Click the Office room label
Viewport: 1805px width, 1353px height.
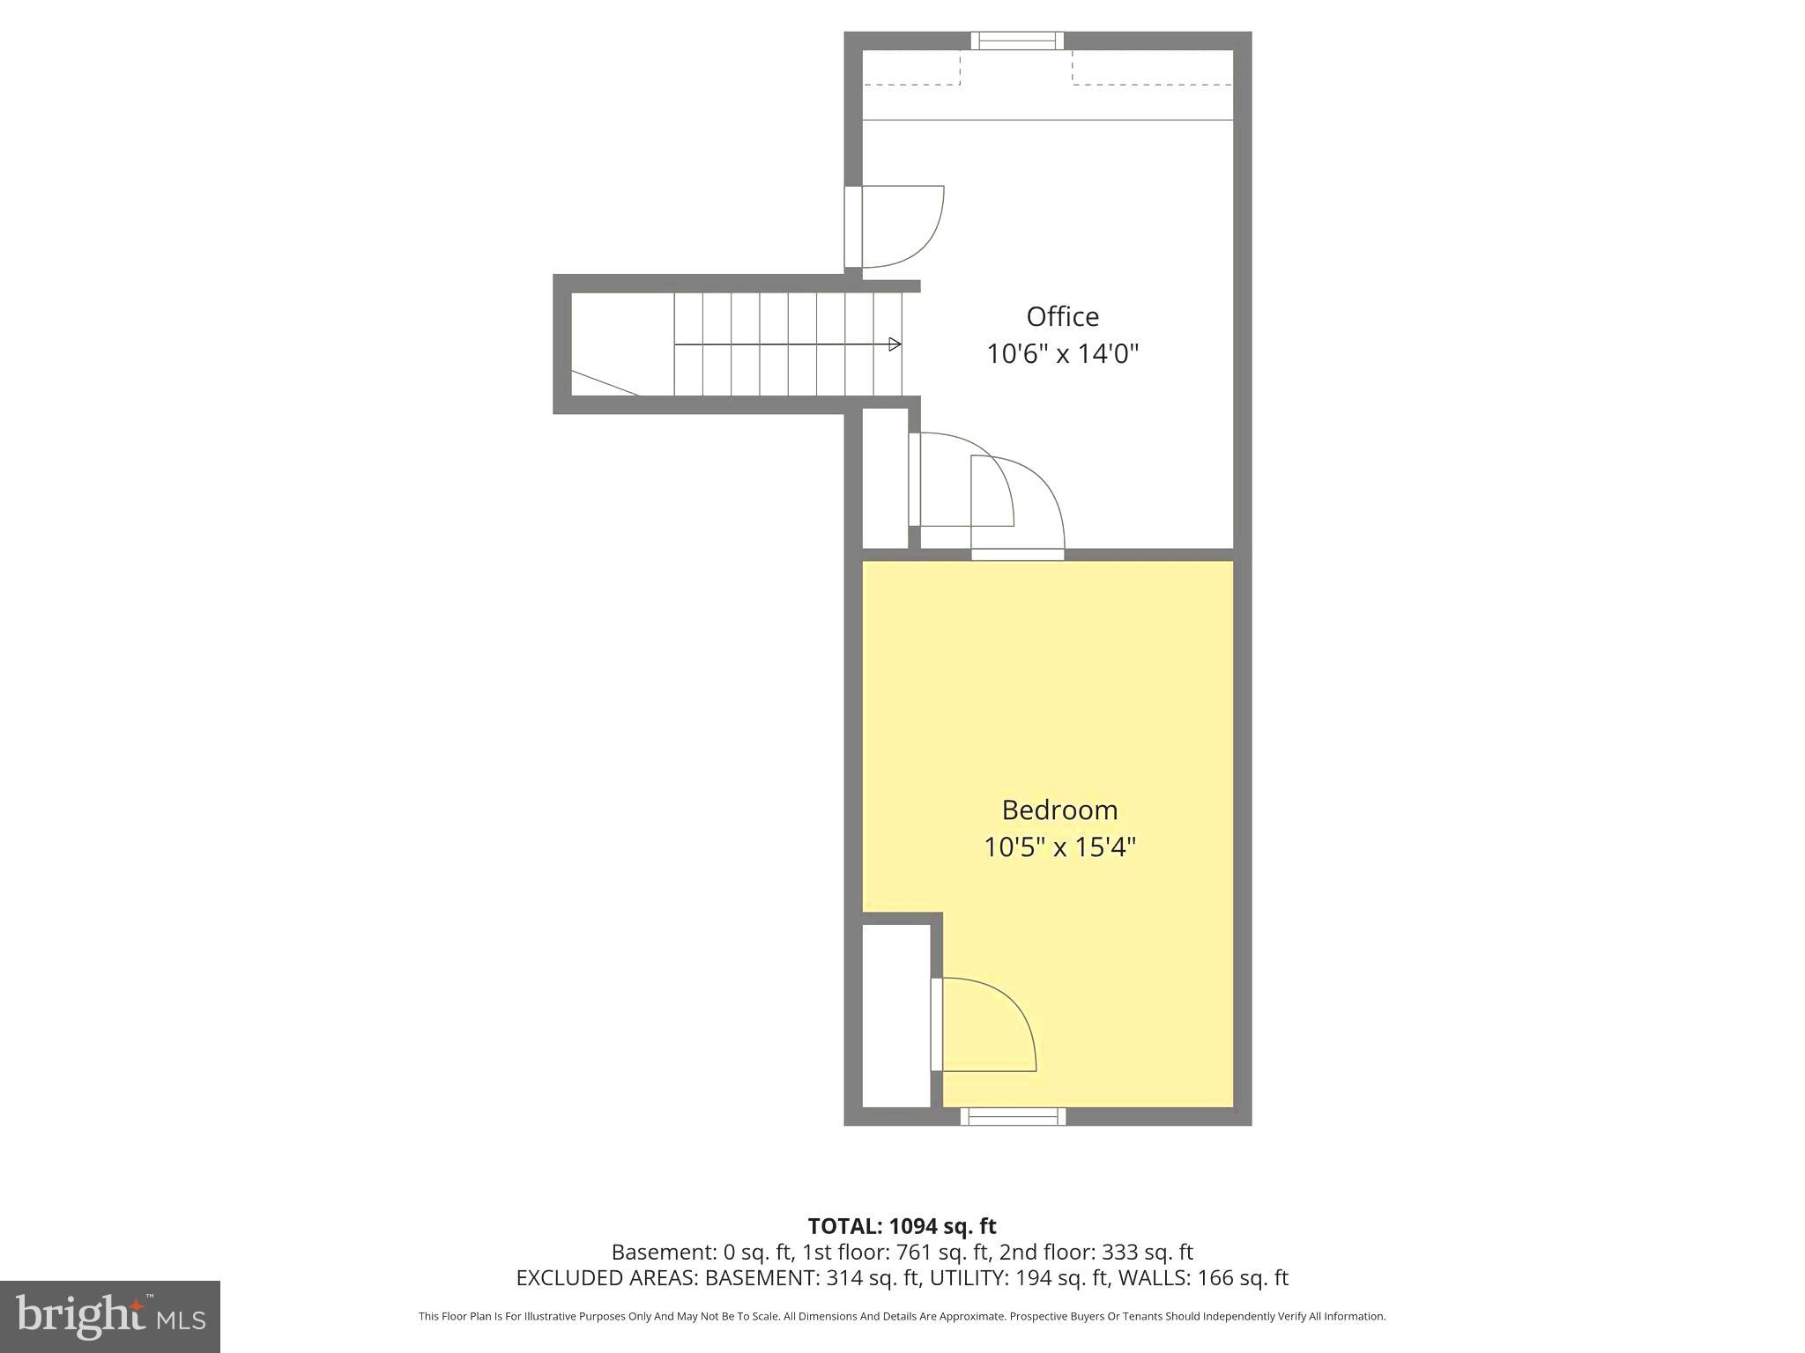coord(1062,317)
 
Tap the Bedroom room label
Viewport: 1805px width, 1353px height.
coord(1059,810)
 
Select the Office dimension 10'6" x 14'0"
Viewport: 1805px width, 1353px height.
coord(1062,354)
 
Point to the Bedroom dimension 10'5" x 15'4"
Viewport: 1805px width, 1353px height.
coord(1059,847)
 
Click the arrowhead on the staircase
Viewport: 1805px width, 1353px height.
coord(895,344)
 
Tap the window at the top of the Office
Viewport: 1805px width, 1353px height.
coord(1017,41)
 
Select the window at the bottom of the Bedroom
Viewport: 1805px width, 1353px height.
coord(1013,1117)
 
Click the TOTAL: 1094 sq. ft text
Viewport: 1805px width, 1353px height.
coord(902,1226)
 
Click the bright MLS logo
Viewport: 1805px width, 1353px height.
coord(110,1317)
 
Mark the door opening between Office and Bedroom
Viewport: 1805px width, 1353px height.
coord(1018,554)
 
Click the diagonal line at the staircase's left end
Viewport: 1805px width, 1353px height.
coord(605,383)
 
